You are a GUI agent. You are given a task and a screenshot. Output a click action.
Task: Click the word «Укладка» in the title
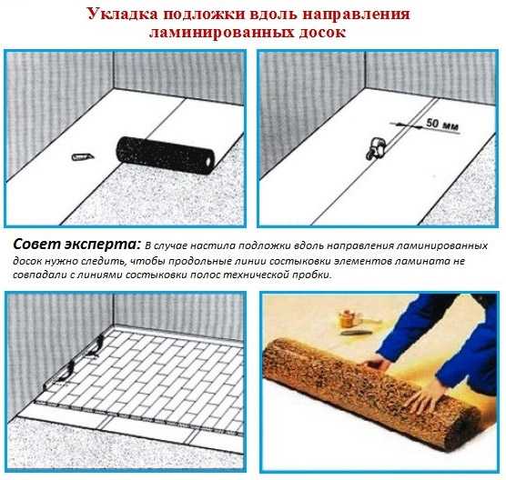point(123,15)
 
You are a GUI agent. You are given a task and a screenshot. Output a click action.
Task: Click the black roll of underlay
point(166,155)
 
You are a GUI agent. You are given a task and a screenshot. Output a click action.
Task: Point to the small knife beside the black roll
point(83,157)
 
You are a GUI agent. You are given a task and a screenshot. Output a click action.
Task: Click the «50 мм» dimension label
point(442,125)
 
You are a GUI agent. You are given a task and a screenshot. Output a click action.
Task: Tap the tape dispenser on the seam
point(375,148)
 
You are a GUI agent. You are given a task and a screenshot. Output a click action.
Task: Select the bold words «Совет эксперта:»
point(77,245)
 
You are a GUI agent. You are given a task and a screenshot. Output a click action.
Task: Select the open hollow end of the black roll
point(207,161)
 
